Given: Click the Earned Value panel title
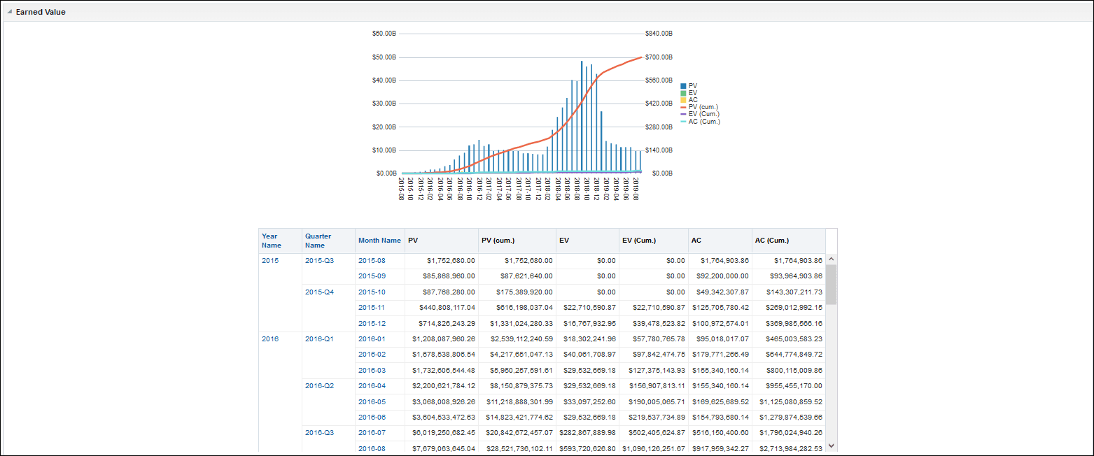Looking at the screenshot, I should point(41,12).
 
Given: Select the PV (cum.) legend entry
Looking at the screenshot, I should point(703,107).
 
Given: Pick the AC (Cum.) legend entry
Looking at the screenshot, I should point(703,121).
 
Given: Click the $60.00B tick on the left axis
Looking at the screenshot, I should point(384,34).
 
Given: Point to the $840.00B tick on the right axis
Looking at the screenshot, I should point(659,34).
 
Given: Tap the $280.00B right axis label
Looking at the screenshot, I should point(659,127).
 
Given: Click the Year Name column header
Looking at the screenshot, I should point(272,241).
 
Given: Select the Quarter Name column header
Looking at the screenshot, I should point(318,241).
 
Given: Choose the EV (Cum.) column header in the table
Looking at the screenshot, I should point(639,241).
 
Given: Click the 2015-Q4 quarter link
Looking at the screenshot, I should point(319,292).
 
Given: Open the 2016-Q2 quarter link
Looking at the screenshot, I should point(319,386).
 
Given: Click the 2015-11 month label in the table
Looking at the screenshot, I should point(372,308).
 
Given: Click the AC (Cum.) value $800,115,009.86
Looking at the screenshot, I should point(787,371).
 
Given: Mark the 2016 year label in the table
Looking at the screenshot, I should point(270,339).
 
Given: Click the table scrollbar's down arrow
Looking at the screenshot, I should point(831,445).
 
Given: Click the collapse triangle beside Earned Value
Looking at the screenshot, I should point(10,12).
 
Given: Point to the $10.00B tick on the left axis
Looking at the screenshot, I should point(384,150).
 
